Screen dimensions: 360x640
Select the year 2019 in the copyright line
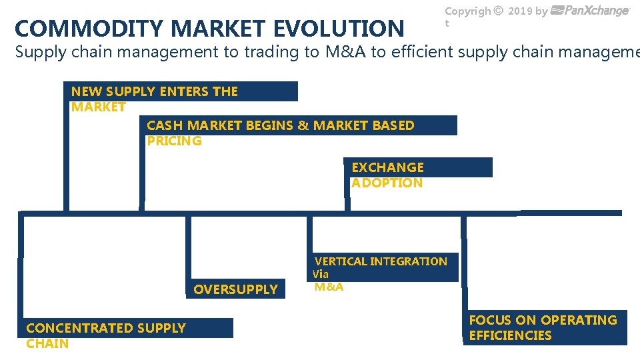pyautogui.click(x=520, y=11)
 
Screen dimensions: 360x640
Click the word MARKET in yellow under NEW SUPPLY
pyautogui.click(x=98, y=107)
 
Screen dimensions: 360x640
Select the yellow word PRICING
pyautogui.click(x=174, y=141)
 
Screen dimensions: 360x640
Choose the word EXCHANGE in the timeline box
pyautogui.click(x=387, y=167)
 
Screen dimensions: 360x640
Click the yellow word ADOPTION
pyautogui.click(x=387, y=183)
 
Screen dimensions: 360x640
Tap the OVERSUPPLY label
pyautogui.click(x=235, y=289)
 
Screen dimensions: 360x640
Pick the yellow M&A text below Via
pyautogui.click(x=329, y=287)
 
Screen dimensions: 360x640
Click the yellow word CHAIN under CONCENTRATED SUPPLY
pyautogui.click(x=47, y=343)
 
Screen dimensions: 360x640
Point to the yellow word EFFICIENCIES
pyautogui.click(x=510, y=335)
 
